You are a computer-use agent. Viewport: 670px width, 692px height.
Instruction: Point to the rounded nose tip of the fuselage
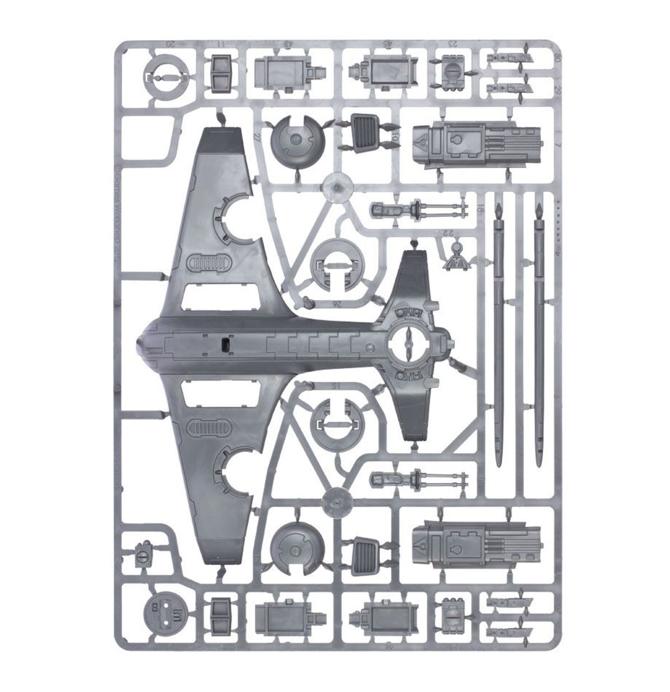(141, 346)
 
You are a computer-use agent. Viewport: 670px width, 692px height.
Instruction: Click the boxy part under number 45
(382, 73)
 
